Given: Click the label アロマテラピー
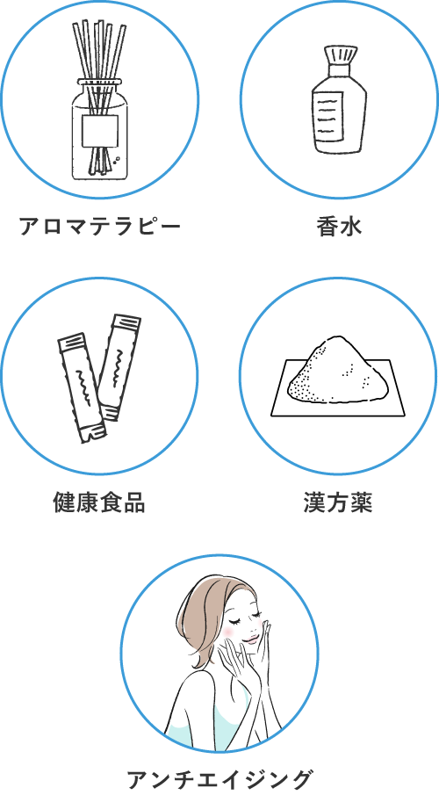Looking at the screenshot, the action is (x=99, y=227).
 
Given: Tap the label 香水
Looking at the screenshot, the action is (x=339, y=227).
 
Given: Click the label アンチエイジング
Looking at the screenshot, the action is (x=219, y=779).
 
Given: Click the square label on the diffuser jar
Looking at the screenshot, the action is (x=100, y=131).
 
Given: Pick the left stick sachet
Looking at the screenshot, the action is (x=83, y=388).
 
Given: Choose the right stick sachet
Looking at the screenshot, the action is (x=119, y=367).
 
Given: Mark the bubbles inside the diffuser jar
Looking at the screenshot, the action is (x=117, y=159).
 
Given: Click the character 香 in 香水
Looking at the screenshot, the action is (x=327, y=227).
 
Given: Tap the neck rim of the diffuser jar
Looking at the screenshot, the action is (x=100, y=82).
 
